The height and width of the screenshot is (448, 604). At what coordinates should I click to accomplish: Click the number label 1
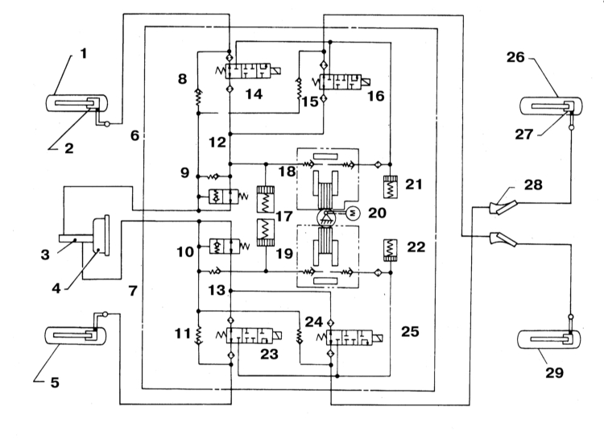(84, 54)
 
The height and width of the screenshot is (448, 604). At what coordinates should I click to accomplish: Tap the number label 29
(554, 372)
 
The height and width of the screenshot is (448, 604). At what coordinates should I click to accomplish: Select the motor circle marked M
(353, 212)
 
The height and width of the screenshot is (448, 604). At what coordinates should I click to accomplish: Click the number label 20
(377, 213)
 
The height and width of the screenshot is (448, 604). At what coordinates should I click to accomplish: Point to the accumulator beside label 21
(391, 188)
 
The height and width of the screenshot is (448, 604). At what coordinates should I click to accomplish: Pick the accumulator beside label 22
(391, 251)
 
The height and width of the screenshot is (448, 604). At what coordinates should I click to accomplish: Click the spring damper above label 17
(266, 199)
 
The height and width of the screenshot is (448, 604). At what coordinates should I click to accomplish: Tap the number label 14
(254, 93)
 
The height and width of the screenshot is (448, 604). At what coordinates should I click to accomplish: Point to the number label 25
(410, 331)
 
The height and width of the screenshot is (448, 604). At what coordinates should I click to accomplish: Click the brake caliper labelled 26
(551, 106)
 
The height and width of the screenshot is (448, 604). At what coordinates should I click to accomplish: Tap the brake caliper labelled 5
(76, 335)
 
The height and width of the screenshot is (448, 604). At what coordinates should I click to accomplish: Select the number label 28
(533, 185)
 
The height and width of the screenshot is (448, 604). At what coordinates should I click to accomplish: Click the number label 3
(45, 255)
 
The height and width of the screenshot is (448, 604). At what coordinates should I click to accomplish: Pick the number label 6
(134, 135)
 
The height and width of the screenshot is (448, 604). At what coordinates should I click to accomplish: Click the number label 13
(217, 289)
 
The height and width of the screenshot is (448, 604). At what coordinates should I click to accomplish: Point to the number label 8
(182, 79)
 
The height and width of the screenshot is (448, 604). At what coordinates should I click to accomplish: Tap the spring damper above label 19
(266, 233)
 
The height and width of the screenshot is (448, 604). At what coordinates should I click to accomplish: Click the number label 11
(183, 333)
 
